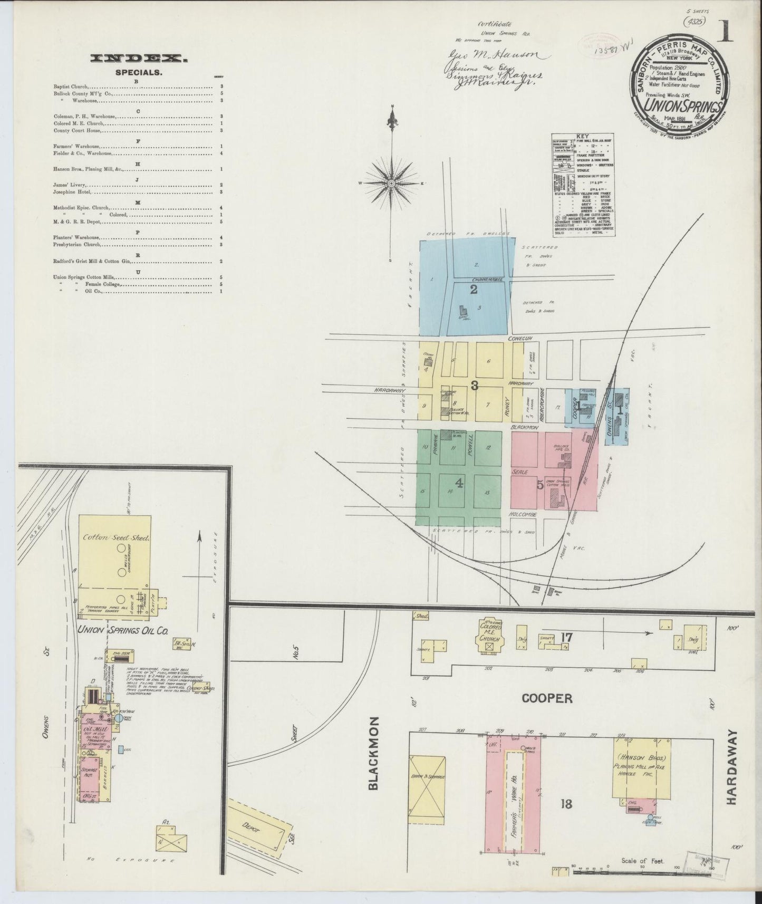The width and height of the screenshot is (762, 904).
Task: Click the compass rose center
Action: pyautogui.click(x=392, y=183)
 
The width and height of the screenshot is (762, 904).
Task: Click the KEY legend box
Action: pyautogui.click(x=583, y=184)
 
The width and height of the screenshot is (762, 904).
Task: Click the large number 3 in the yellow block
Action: pyautogui.click(x=474, y=386)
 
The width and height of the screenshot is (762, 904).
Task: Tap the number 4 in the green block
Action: pyautogui.click(x=459, y=482)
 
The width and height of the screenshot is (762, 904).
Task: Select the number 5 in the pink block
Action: pyautogui.click(x=540, y=485)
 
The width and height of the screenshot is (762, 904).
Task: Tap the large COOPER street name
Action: pyautogui.click(x=547, y=698)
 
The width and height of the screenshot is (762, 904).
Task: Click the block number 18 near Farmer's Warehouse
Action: pyautogui.click(x=566, y=804)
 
